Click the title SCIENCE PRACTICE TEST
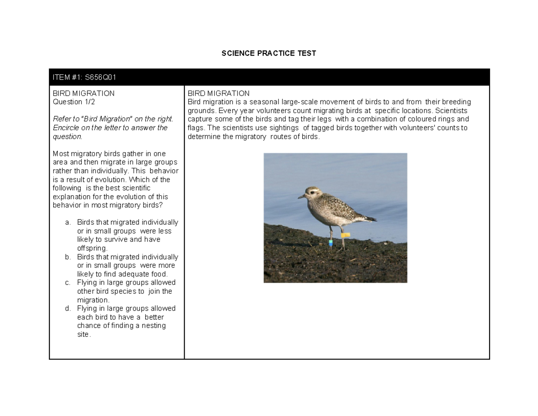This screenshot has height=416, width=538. click(x=269, y=53)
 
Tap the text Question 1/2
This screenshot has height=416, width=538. click(x=74, y=102)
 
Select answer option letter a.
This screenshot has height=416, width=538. click(x=68, y=223)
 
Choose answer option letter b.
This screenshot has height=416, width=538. click(x=68, y=257)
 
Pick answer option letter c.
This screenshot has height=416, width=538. click(x=68, y=283)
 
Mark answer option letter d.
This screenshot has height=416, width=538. click(x=68, y=309)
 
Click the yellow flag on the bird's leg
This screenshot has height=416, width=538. click(x=345, y=235)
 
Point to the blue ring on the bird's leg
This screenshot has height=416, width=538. click(x=330, y=243)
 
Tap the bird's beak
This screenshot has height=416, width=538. click(x=302, y=197)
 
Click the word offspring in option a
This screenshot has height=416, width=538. click(x=92, y=248)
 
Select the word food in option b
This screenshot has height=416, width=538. click(x=159, y=274)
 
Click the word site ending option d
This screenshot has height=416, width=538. click(x=83, y=334)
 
